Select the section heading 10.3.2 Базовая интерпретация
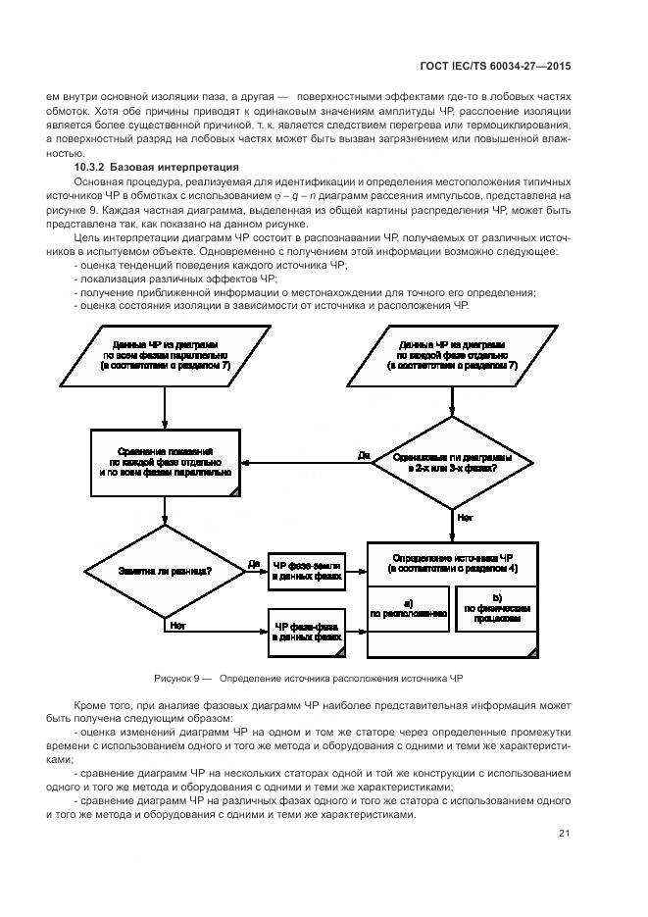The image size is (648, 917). pyautogui.click(x=163, y=168)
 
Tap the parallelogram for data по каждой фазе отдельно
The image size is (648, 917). pyautogui.click(x=452, y=355)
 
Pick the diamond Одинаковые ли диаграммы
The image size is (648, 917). pyautogui.click(x=452, y=461)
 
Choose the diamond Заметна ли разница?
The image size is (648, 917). pyautogui.click(x=164, y=570)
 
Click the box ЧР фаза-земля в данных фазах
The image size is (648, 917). pyautogui.click(x=307, y=572)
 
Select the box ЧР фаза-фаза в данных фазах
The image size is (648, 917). pyautogui.click(x=307, y=632)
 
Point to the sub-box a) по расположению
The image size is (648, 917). pyautogui.click(x=407, y=608)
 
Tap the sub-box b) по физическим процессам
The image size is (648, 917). pyautogui.click(x=496, y=608)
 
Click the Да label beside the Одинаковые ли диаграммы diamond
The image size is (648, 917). pyautogui.click(x=363, y=455)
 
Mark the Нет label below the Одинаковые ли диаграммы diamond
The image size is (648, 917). pyautogui.click(x=465, y=517)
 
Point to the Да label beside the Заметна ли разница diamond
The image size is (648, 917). pyautogui.click(x=254, y=563)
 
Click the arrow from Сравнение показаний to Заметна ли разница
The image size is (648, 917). pyautogui.click(x=164, y=510)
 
